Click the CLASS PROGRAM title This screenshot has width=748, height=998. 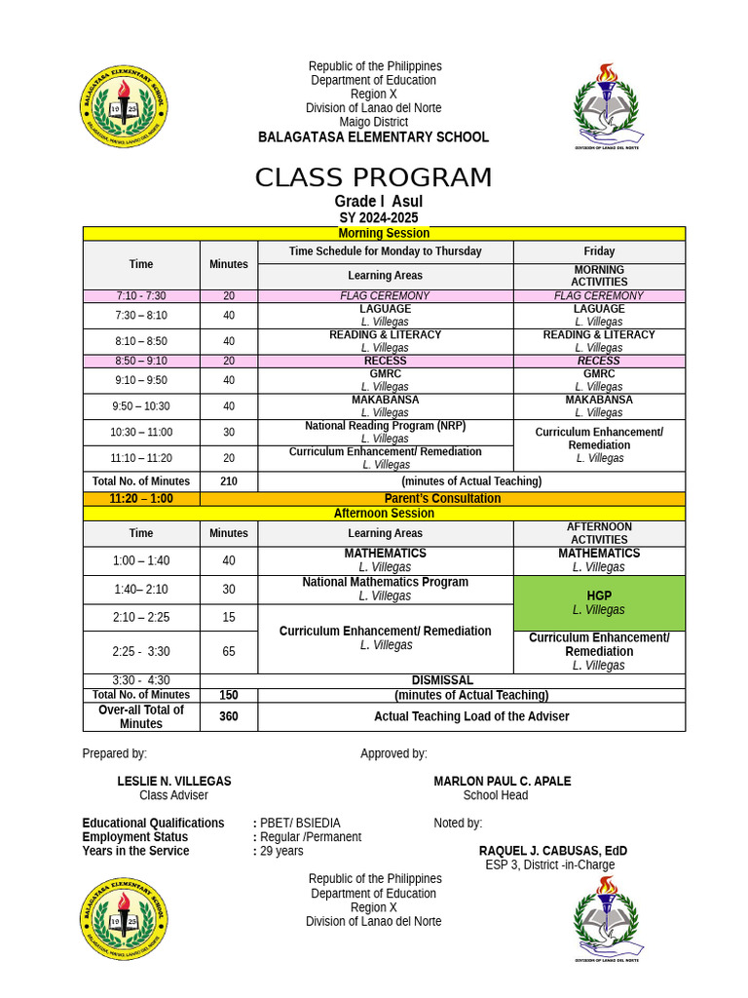click(373, 178)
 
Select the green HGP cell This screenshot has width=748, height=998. click(598, 602)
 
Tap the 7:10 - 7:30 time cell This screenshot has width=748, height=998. click(141, 295)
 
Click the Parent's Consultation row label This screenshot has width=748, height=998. click(442, 498)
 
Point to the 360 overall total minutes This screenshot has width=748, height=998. click(228, 716)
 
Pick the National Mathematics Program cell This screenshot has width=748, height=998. click(385, 589)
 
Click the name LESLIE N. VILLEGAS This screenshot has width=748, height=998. click(174, 782)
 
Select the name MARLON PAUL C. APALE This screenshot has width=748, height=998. click(502, 782)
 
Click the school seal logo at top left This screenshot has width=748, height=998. click(124, 108)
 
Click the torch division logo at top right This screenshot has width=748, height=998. click(607, 106)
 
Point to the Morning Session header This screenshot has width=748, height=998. click(384, 233)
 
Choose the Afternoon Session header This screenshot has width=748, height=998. click(384, 514)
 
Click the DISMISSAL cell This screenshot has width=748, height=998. click(442, 680)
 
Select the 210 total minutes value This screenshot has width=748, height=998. click(228, 481)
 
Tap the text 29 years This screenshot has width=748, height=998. click(281, 851)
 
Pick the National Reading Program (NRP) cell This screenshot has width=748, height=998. click(385, 432)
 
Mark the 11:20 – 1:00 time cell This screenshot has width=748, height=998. click(141, 498)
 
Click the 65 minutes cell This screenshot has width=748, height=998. click(228, 652)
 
